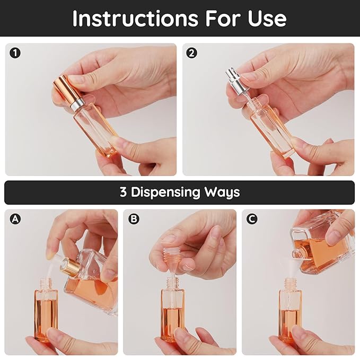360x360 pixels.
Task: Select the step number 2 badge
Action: (x=192, y=52)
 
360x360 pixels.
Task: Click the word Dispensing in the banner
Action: (x=169, y=192)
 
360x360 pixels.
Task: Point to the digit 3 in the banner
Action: (x=123, y=192)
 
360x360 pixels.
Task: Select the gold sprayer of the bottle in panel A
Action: (x=71, y=267)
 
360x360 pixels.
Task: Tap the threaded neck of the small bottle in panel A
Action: (x=46, y=283)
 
